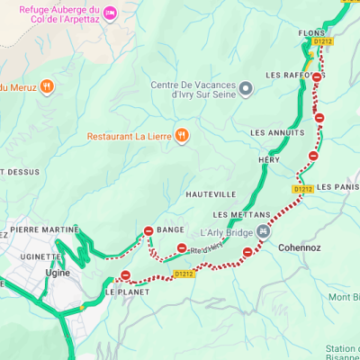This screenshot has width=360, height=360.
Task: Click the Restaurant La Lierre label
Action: [x=130, y=137]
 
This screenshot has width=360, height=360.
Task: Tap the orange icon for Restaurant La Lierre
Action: [x=182, y=136]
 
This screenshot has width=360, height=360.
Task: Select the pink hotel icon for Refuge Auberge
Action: [x=109, y=12]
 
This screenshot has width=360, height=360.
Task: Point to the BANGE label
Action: [x=170, y=230]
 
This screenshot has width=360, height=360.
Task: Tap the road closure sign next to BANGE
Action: [x=148, y=230]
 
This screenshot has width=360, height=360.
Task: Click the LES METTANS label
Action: [x=241, y=215]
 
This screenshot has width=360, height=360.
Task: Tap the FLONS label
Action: [x=311, y=33]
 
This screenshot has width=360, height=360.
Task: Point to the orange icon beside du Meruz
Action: [x=48, y=86]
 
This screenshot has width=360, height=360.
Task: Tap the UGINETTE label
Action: [x=40, y=256]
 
